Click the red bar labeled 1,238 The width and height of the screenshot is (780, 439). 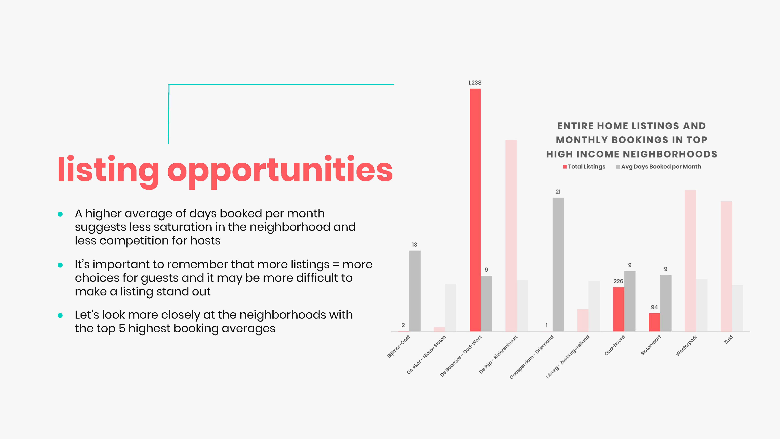(475, 210)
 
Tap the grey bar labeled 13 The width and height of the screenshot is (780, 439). (415, 291)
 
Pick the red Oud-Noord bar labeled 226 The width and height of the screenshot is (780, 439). (619, 309)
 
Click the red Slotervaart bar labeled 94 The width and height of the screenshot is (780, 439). (654, 322)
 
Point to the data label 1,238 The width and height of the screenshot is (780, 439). (475, 83)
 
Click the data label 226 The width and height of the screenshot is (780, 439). (618, 281)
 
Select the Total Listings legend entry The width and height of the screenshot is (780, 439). (584, 167)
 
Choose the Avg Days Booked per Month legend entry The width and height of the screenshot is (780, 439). (659, 167)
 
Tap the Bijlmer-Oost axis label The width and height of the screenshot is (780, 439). (399, 346)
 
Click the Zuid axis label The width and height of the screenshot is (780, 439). (728, 339)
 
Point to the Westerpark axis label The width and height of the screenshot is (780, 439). (686, 345)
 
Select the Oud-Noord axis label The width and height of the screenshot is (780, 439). (615, 345)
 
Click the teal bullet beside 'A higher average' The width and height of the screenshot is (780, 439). (60, 214)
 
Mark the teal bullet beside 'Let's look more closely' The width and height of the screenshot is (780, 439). (60, 315)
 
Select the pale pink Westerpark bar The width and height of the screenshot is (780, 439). (690, 261)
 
